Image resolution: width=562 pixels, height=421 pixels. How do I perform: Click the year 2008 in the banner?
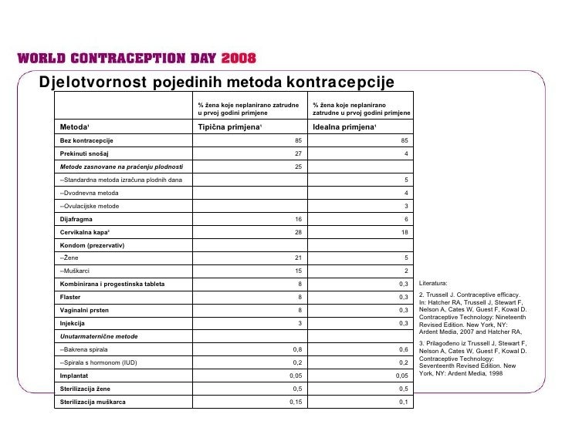239,59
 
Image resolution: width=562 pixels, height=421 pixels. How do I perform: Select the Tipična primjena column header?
231,126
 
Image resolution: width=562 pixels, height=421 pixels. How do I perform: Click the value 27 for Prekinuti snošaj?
300,153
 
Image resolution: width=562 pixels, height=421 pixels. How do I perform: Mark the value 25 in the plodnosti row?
300,167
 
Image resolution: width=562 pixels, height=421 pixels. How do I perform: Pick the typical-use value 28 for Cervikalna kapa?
300,232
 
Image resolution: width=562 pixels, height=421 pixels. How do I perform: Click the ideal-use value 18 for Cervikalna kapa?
405,232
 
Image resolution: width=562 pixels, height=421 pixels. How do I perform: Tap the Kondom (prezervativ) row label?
92,245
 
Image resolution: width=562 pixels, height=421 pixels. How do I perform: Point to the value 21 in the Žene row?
300,258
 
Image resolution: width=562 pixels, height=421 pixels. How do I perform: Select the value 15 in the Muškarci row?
300,271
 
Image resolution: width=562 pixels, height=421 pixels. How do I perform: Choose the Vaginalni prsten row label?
86,310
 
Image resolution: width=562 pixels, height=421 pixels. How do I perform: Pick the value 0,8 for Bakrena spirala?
298,349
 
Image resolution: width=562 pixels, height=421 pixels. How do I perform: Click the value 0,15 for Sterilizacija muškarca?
296,402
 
